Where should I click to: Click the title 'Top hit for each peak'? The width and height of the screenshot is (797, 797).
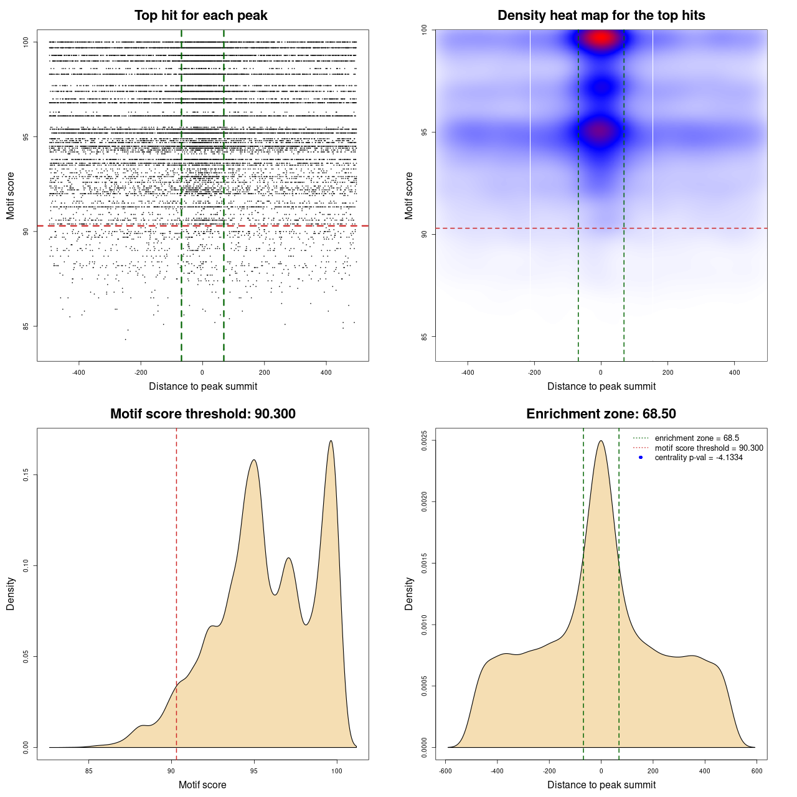pyautogui.click(x=201, y=16)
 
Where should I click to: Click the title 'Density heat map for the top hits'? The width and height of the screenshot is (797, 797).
pyautogui.click(x=601, y=16)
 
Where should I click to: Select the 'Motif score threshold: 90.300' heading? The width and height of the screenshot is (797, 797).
pyautogui.click(x=202, y=414)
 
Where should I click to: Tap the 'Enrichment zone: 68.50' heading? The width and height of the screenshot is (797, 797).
pyautogui.click(x=601, y=414)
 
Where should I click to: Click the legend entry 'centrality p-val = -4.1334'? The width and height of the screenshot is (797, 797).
pyautogui.click(x=699, y=458)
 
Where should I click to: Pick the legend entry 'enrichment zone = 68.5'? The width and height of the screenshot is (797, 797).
pyautogui.click(x=697, y=438)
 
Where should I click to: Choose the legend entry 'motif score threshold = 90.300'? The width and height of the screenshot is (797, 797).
pyautogui.click(x=709, y=448)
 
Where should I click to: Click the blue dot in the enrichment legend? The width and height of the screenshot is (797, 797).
pyautogui.click(x=641, y=458)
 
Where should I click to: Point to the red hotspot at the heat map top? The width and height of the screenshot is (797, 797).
pyautogui.click(x=601, y=38)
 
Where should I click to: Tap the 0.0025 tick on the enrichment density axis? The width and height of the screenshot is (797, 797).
pyautogui.click(x=425, y=441)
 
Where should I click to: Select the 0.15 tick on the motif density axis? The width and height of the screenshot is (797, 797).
pyautogui.click(x=26, y=475)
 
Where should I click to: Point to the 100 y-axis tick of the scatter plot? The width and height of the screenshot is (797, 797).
pyautogui.click(x=26, y=42)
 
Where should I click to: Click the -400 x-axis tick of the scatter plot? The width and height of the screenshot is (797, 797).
pyautogui.click(x=78, y=373)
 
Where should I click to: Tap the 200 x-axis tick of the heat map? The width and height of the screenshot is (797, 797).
pyautogui.click(x=667, y=373)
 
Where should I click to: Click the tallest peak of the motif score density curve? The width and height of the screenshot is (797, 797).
pyautogui.click(x=331, y=441)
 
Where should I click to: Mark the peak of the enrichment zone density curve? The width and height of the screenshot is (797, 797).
pyautogui.click(x=601, y=441)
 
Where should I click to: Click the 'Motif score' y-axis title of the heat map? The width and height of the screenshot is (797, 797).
pyautogui.click(x=409, y=196)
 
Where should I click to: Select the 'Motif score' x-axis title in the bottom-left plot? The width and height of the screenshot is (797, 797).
pyautogui.click(x=202, y=785)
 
